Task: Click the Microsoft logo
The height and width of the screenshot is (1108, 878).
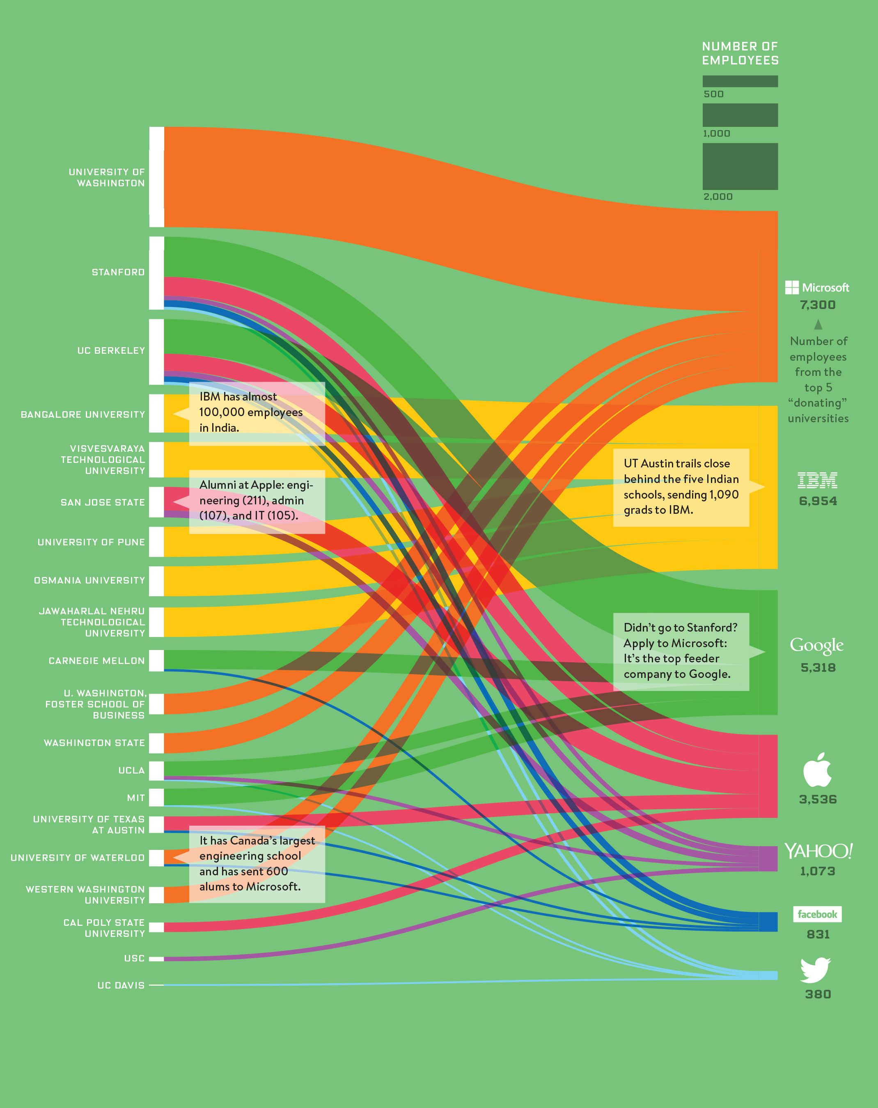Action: [817, 287]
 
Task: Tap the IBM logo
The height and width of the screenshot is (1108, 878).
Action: [817, 480]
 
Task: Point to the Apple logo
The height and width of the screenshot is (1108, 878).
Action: [817, 769]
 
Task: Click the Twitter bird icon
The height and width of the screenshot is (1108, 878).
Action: [815, 970]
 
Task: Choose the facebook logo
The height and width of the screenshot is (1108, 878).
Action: [817, 914]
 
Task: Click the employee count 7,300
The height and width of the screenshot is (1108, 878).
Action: [817, 305]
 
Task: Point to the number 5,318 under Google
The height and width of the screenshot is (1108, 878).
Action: [818, 668]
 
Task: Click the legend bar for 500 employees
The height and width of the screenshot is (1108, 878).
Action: [740, 81]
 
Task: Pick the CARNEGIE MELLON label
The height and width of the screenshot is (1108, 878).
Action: [96, 661]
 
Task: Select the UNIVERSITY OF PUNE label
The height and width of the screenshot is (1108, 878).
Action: [91, 542]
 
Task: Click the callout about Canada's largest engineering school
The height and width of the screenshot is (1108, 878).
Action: [257, 863]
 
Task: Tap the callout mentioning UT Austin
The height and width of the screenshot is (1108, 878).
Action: [681, 487]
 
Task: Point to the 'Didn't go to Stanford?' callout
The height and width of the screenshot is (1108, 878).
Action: [681, 651]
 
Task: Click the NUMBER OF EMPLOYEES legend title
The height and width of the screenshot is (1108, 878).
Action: [740, 53]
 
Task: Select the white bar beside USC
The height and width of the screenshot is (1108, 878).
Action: [156, 959]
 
